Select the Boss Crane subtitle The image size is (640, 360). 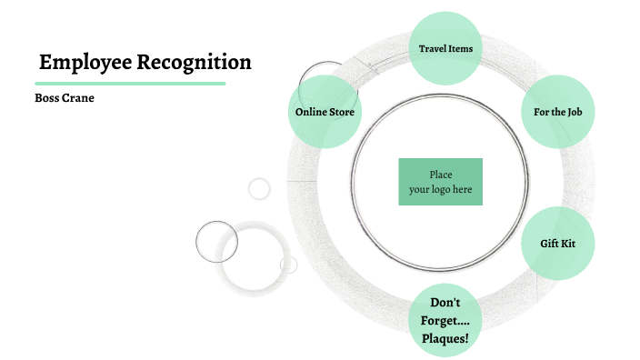tap(65, 98)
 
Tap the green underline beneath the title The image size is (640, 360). tap(130, 84)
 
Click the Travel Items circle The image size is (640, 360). tap(445, 48)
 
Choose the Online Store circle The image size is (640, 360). tap(325, 112)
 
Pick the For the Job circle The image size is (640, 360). tap(557, 112)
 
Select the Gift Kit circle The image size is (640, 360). tap(557, 244)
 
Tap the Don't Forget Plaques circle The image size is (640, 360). tap(445, 320)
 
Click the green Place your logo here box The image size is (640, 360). tap(440, 182)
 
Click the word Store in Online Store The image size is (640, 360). tap(341, 112)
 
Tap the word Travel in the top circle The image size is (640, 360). tap(433, 48)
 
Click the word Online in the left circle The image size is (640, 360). tap(310, 112)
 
